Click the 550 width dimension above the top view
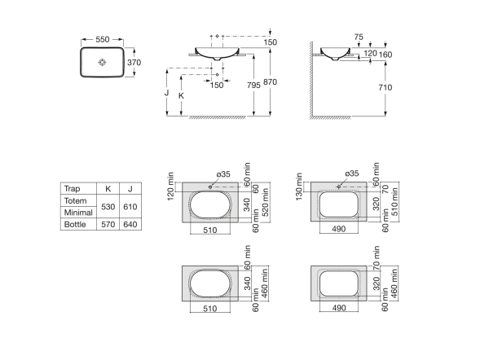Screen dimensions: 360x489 (102, 38)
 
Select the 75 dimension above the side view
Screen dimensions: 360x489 (359, 37)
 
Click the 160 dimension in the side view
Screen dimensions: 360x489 (385, 55)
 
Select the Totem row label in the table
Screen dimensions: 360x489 (74, 200)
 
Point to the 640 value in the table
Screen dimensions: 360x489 (130, 223)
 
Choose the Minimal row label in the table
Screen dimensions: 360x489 (77, 212)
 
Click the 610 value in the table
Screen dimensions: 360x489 (130, 206)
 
